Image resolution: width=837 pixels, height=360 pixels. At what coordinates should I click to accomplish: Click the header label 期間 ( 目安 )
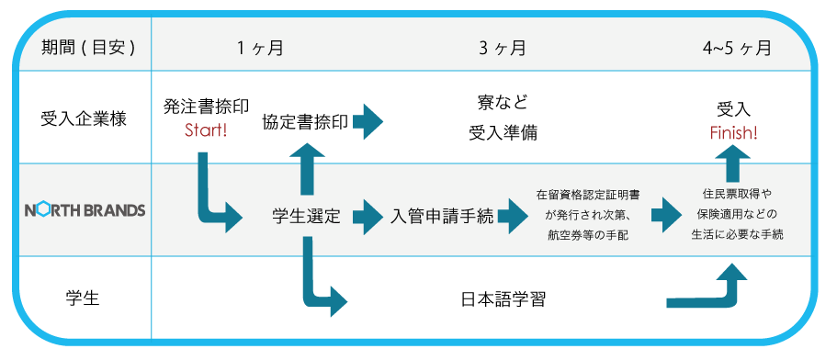click(88, 49)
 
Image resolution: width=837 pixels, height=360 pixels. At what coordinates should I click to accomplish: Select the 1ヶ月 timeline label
click(260, 49)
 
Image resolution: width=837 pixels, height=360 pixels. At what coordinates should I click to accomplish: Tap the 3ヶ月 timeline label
click(503, 49)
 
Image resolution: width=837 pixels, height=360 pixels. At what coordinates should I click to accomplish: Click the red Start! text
click(206, 129)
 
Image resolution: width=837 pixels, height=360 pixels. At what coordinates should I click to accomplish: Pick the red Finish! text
click(734, 133)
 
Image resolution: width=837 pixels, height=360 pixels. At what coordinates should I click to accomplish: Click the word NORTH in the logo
click(53, 210)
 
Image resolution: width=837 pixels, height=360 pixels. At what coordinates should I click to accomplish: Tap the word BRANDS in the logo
click(115, 210)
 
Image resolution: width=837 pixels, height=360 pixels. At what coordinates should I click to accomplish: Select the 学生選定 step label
click(307, 217)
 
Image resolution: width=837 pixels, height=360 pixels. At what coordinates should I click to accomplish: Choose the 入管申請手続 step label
click(442, 217)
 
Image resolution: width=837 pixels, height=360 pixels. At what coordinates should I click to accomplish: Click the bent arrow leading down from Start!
click(215, 197)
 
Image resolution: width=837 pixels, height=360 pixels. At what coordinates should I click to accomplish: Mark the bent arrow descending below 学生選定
click(322, 280)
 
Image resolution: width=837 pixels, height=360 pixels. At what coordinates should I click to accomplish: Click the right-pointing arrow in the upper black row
click(368, 121)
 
